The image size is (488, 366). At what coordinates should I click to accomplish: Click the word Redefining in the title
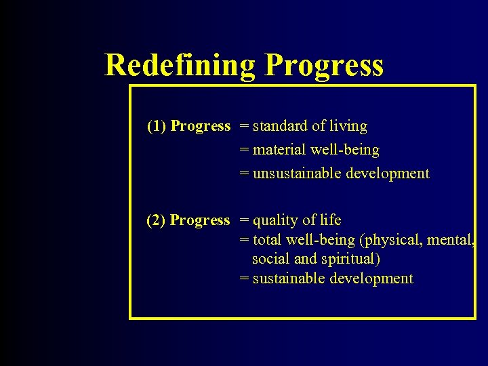tap(180, 66)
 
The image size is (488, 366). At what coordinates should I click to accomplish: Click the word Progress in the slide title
tap(324, 66)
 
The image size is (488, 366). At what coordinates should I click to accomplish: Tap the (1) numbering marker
tap(157, 126)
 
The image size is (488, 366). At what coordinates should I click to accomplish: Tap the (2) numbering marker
tap(157, 220)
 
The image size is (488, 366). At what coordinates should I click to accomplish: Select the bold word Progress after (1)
tap(201, 126)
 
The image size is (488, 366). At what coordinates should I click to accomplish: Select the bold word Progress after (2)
tap(200, 220)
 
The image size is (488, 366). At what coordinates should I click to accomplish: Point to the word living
tap(348, 126)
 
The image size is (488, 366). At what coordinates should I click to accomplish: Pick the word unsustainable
tap(297, 174)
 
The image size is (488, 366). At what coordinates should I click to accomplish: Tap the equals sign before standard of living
tap(244, 127)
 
